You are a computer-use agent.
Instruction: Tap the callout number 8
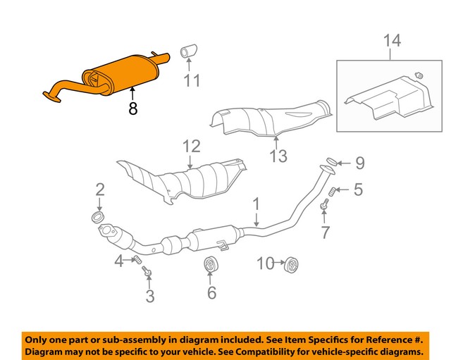[x=132, y=109]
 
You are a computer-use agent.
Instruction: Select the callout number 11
[x=192, y=82]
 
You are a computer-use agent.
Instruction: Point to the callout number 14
[x=392, y=41]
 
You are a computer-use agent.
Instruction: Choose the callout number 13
[x=280, y=156]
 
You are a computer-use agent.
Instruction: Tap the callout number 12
[x=192, y=147]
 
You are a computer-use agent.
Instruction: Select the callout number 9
[x=359, y=163]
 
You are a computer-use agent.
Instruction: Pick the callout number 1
[x=257, y=204]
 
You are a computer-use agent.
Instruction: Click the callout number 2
[x=99, y=189]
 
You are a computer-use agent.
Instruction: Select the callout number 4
[x=119, y=262]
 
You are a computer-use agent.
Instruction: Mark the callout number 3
[x=149, y=296]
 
